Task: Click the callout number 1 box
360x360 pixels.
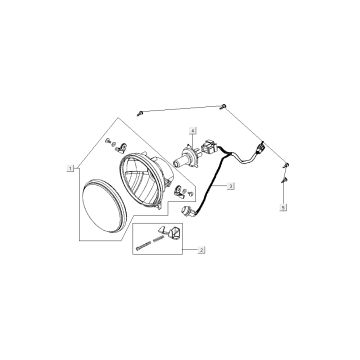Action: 69,169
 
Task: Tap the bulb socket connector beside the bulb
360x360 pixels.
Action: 207,153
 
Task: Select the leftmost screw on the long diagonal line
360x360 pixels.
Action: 145,111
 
